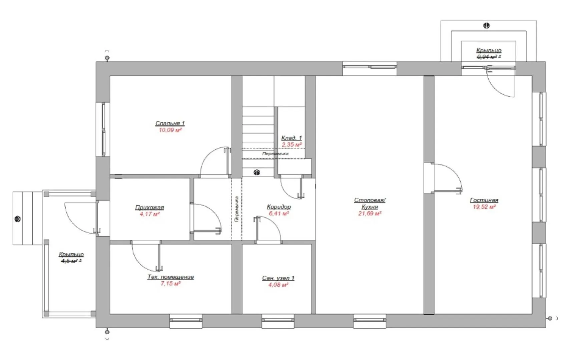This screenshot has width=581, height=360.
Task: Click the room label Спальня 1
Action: coord(170,123)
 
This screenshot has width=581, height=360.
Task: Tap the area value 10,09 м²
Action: coord(170,130)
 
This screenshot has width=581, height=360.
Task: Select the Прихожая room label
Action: coord(149,207)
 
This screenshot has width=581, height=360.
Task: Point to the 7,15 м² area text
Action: coord(170,283)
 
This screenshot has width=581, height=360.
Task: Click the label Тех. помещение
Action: coord(170,277)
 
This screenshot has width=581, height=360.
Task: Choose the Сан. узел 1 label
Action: coord(278,278)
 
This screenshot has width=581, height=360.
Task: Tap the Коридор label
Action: coord(279,207)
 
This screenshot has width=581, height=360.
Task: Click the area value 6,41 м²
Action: coord(279,213)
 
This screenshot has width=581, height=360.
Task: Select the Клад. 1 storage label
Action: coord(292,138)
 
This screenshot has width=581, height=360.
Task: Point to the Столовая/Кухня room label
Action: coord(370,203)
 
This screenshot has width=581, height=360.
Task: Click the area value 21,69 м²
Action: coord(370,213)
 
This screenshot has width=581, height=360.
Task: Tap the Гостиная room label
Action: coord(484,200)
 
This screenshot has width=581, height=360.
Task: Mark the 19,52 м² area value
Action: coord(484,207)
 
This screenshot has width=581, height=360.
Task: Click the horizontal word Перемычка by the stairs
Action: coord(275,154)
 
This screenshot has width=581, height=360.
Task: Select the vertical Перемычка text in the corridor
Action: coord(236,209)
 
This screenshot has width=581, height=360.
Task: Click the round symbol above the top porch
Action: coord(487,26)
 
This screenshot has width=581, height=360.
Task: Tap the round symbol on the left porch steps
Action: coord(18,219)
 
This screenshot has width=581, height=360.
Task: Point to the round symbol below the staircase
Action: coord(257,172)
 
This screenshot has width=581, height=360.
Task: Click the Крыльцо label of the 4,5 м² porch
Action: coord(71,254)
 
